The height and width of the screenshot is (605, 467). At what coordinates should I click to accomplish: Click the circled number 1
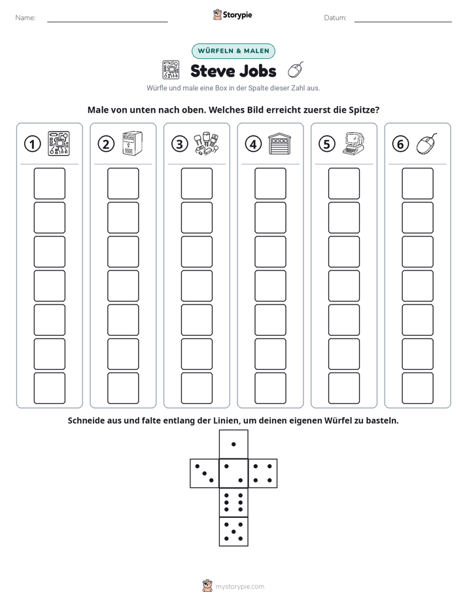point(32,144)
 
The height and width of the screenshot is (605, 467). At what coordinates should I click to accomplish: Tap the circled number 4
point(253,144)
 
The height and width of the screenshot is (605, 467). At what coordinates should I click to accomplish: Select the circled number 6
point(400,144)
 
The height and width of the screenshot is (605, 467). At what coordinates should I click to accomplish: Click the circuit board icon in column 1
point(59,143)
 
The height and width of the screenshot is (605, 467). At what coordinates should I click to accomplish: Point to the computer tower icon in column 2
point(132,143)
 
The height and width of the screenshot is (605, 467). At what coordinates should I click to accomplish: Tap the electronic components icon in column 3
point(206,144)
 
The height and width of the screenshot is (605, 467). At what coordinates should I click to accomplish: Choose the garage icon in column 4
point(280,144)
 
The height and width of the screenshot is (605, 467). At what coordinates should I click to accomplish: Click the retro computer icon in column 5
point(354,144)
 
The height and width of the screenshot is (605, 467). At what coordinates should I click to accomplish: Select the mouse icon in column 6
point(427,144)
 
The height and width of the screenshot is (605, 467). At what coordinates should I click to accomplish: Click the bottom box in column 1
point(49,388)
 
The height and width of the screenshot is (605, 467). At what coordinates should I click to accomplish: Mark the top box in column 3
point(196,183)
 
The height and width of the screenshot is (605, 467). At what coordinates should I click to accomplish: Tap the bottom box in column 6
point(417,388)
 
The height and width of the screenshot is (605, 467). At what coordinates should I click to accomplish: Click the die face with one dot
point(233,445)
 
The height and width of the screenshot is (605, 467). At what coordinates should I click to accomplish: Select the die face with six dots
point(233,502)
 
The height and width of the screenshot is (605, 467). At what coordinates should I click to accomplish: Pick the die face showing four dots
point(263,473)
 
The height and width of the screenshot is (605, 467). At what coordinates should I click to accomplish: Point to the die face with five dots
point(233,532)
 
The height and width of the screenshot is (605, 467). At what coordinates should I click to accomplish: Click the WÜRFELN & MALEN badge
point(233,51)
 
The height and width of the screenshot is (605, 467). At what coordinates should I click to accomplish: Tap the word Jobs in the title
point(259,71)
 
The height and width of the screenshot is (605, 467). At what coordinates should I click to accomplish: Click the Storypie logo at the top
point(232,15)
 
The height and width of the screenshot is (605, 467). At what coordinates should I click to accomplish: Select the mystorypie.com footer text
point(239,587)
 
